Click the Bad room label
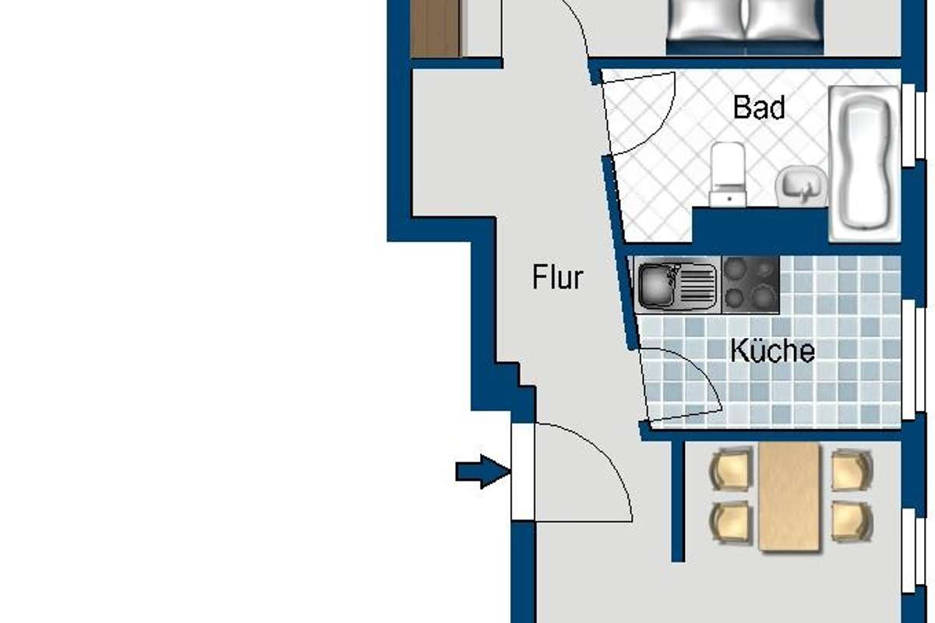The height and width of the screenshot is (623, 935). pos(759,107)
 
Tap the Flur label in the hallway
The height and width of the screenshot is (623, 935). pos(558,276)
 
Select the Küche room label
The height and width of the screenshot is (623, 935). pos(772,350)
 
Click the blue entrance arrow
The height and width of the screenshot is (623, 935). pos(483,472)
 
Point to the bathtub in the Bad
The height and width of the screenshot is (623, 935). pos(864,164)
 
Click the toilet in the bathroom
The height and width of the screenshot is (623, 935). pos(728,174)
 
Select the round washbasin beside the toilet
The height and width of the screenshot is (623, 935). pos(802,186)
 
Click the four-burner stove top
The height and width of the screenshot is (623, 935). pos(750,284)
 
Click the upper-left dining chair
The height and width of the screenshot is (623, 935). pos(732,469)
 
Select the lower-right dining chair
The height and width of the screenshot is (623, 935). pos(852,522)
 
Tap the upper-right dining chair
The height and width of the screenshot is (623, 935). pos(852,470)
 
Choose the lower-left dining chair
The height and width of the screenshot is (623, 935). pos(732,523)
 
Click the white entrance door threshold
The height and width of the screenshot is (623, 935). pos(523,471)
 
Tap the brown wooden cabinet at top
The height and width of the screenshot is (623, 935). pos(436,28)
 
